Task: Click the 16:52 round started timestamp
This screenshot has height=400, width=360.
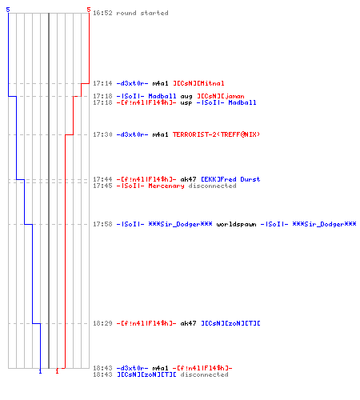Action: (102, 13)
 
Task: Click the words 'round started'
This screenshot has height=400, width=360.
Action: (142, 13)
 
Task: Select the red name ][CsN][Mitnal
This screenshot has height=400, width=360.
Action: (198, 83)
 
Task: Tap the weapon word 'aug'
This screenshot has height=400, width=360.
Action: (186, 97)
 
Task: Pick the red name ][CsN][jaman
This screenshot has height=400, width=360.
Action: (221, 96)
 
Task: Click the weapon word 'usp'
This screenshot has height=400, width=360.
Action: (186, 103)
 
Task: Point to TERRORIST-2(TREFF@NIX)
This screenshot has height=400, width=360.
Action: (216, 134)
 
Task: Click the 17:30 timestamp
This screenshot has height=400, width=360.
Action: (102, 134)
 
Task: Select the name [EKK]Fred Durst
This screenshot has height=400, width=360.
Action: (230, 179)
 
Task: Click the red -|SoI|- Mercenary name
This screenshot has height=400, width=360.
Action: (150, 186)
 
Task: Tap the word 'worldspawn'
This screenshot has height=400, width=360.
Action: (236, 224)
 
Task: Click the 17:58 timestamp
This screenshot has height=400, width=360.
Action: (102, 224)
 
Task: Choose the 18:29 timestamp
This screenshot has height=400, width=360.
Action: (102, 323)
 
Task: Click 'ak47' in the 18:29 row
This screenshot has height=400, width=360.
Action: (189, 323)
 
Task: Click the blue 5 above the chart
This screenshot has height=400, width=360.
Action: (8, 10)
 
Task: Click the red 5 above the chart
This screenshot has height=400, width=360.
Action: (89, 10)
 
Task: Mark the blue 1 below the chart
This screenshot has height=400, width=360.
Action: (40, 371)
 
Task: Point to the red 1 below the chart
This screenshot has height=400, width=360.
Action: (57, 371)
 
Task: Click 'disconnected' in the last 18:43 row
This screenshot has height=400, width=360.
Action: (204, 374)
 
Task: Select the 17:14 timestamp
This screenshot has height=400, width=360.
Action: (102, 83)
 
